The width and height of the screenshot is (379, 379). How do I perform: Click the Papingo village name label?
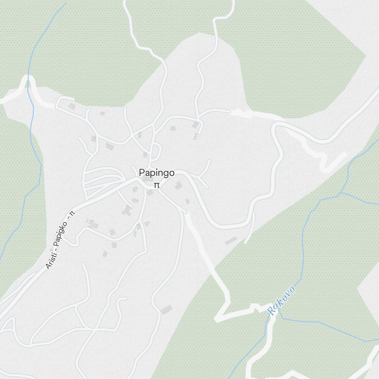[x=157, y=173]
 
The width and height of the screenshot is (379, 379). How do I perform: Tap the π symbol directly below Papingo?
[x=156, y=185]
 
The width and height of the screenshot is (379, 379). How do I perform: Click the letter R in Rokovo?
[x=271, y=310]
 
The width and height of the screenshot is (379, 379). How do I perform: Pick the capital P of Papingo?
[x=142, y=173]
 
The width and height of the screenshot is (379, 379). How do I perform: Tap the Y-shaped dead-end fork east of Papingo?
[x=204, y=174]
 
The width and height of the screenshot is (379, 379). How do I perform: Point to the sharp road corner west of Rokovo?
[x=219, y=318]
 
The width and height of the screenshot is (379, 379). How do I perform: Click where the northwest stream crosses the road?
[x=28, y=82]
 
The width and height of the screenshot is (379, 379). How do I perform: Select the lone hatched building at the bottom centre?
[x=166, y=310]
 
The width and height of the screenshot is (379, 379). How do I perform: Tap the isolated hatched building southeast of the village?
[x=231, y=241]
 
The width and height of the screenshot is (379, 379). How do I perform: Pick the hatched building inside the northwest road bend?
[x=72, y=106]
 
